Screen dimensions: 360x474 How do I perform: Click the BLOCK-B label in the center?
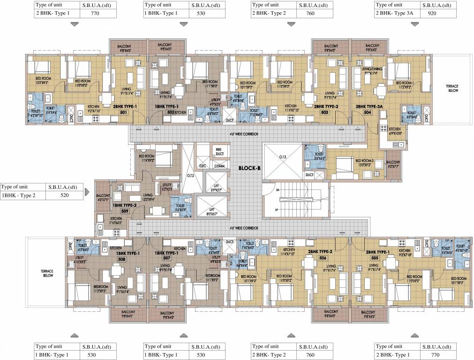(249, 168)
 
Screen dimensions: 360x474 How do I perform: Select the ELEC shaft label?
(203, 165)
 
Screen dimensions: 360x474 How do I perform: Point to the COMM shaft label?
(219, 165)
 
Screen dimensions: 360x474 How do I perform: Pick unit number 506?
(323, 258)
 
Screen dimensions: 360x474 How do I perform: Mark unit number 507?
(166, 258)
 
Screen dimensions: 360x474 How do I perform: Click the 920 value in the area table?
(438, 14)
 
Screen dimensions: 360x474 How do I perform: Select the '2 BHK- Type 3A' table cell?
(396, 14)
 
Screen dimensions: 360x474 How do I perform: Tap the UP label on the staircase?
(277, 209)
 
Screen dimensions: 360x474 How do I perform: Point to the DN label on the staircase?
(277, 190)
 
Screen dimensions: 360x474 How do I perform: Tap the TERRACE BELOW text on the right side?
(451, 89)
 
